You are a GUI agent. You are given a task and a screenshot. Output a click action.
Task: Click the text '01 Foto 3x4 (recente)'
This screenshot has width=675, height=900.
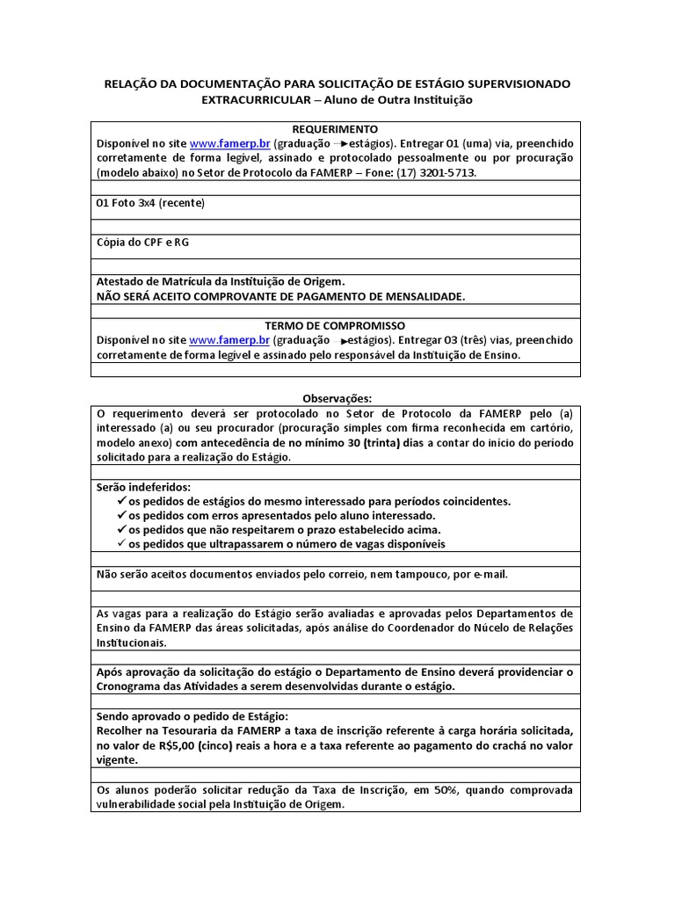click(149, 203)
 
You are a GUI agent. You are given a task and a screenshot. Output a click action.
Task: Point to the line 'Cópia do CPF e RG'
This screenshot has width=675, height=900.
click(141, 242)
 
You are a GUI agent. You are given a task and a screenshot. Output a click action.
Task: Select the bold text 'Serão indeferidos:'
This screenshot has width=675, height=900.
click(142, 487)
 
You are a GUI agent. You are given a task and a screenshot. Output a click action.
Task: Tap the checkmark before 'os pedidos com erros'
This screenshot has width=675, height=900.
click(121, 515)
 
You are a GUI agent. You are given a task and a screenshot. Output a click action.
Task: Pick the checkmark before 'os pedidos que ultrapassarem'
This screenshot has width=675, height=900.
click(121, 544)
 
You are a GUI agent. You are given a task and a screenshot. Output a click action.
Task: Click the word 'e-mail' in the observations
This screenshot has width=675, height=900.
click(490, 575)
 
